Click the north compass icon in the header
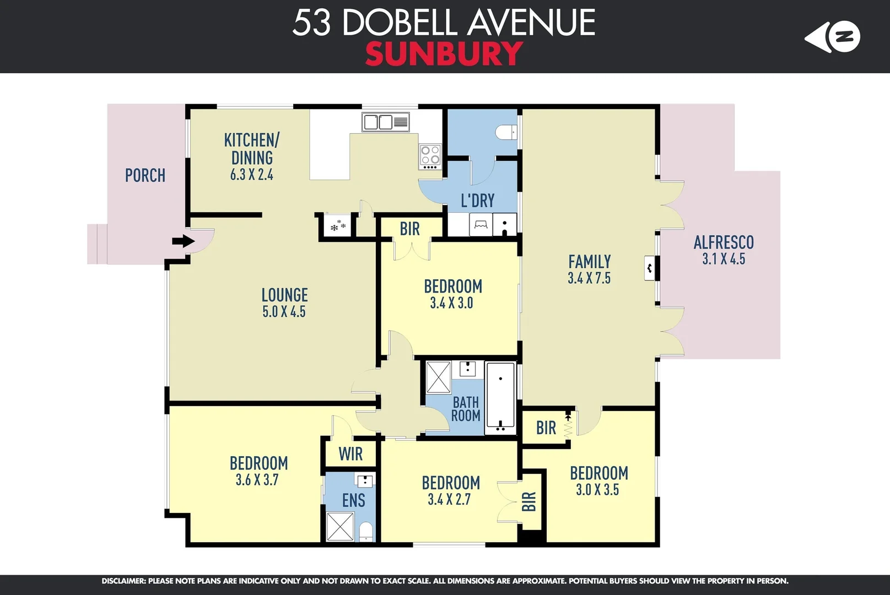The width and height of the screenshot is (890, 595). (833, 37)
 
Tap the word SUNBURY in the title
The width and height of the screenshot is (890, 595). (444, 54)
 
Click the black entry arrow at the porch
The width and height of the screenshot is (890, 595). (184, 241)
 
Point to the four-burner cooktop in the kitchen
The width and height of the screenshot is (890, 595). (430, 155)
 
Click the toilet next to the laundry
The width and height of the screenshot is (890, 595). (505, 132)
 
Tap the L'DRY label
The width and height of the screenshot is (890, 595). (477, 201)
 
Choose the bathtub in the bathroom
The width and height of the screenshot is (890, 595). (500, 397)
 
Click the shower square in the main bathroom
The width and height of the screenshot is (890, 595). (439, 377)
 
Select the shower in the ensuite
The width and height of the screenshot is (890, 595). (340, 527)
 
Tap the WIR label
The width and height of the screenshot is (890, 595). (350, 454)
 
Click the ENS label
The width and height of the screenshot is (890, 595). (353, 500)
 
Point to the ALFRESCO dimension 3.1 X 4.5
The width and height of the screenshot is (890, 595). (724, 259)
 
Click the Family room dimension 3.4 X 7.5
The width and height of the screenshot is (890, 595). (589, 278)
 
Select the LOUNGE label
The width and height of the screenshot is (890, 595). (284, 295)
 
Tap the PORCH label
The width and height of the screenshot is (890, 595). (145, 175)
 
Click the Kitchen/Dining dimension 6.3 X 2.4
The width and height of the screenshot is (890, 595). (252, 175)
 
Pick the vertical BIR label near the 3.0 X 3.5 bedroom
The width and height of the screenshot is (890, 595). (528, 501)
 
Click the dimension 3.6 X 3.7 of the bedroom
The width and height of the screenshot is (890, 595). (257, 480)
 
